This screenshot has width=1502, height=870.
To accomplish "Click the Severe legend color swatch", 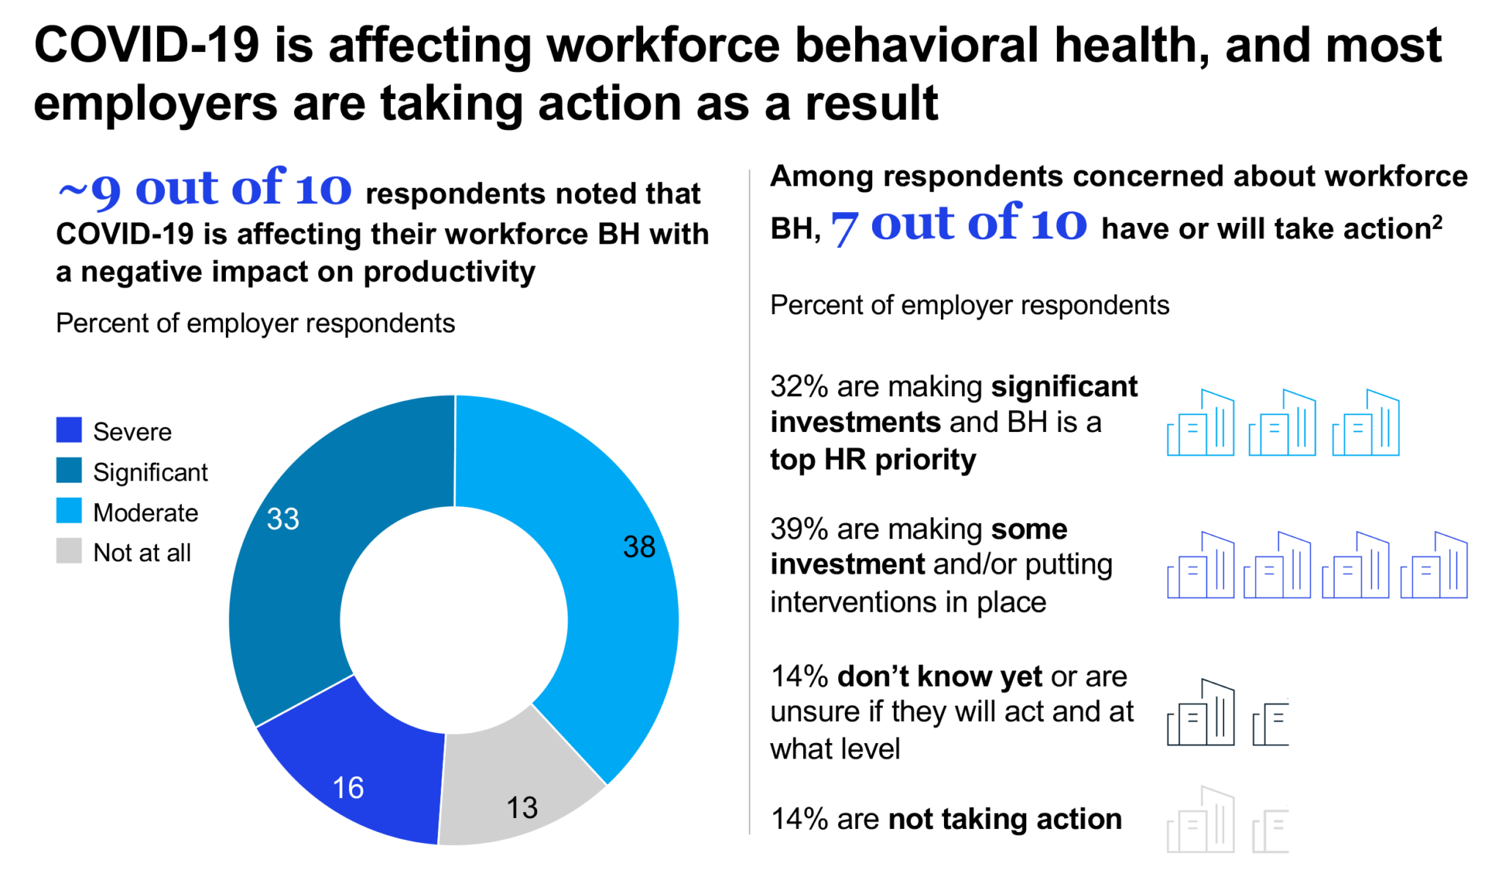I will [69, 430].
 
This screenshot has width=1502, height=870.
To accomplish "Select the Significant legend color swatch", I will [69, 470].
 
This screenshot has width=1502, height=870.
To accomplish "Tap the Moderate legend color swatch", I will [69, 511].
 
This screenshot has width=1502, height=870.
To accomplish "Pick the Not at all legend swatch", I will [69, 551].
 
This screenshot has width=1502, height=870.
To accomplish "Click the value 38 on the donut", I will [639, 547].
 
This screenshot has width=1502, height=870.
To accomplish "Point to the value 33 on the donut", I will [283, 519].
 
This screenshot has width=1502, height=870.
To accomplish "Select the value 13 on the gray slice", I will [522, 808].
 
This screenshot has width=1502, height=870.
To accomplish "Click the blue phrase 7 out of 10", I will [959, 224].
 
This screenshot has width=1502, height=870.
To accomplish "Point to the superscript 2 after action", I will [1437, 221].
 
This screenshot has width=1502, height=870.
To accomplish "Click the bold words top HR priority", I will [873, 460].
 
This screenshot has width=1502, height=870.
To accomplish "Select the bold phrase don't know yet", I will [939, 676].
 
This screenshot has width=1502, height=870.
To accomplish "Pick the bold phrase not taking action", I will [1005, 819].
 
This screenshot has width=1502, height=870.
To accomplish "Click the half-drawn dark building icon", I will [1271, 724].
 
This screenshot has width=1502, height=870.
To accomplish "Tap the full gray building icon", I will [1201, 821].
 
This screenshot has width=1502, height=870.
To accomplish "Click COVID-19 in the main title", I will [147, 45].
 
